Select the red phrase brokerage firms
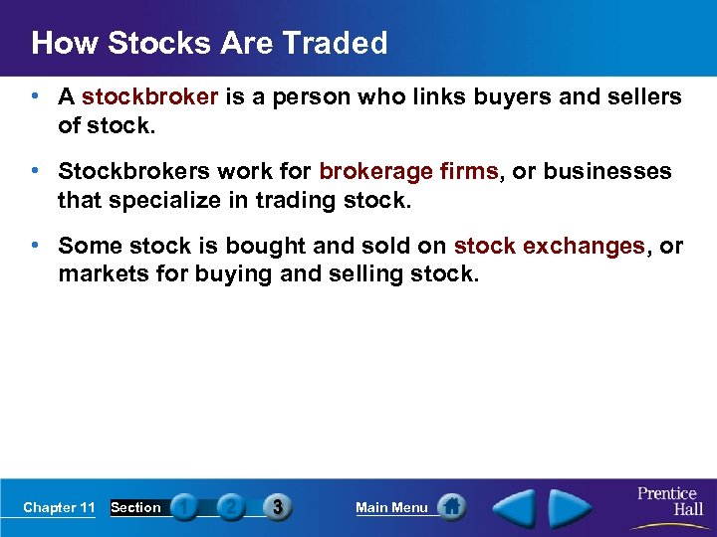pyautogui.click(x=408, y=171)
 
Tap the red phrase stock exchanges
pyautogui.click(x=549, y=246)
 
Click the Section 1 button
pyautogui.click(x=183, y=507)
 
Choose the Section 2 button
pyautogui.click(x=230, y=507)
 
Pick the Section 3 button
pyautogui.click(x=277, y=507)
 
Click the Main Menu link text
pyautogui.click(x=391, y=508)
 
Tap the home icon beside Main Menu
pyautogui.click(x=452, y=507)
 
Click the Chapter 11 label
pyautogui.click(x=59, y=508)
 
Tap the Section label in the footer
pyautogui.click(x=135, y=508)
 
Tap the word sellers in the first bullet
pyautogui.click(x=643, y=97)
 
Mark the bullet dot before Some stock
pyautogui.click(x=35, y=245)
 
